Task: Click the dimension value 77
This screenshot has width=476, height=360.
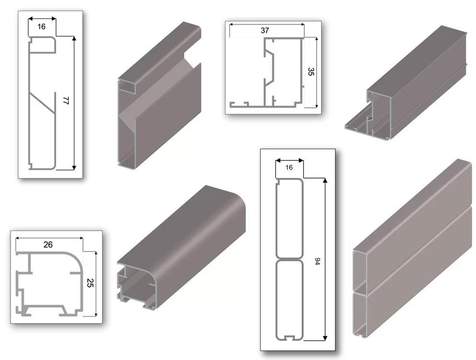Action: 66,100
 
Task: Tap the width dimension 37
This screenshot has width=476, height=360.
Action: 265,30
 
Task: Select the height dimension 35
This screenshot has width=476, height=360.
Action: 311,72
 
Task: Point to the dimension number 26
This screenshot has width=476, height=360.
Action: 48,244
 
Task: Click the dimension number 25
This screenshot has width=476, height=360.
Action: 90,283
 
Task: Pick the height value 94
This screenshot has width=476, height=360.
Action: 318,262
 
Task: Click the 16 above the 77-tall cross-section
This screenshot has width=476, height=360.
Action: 42,27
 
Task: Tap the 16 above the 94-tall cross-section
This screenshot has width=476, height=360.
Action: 289,168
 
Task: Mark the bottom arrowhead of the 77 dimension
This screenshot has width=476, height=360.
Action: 74,168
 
